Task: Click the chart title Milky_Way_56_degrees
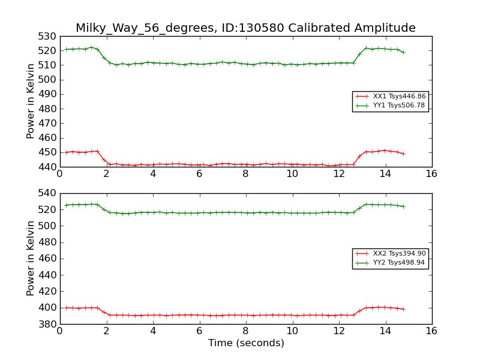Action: click(x=245, y=28)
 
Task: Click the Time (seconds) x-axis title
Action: click(x=246, y=343)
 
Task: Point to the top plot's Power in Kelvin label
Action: click(x=31, y=101)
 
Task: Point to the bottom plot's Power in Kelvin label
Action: click(x=31, y=259)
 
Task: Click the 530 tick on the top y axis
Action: click(x=47, y=36)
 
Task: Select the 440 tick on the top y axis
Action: click(x=47, y=167)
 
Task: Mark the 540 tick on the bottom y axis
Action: click(x=47, y=193)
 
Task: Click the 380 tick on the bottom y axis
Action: click(x=47, y=324)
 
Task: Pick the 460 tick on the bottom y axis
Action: click(x=47, y=259)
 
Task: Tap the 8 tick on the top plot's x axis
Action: click(x=245, y=174)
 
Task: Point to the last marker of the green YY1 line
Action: click(x=403, y=52)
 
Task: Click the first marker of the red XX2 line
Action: click(x=66, y=308)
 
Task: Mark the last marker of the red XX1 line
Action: click(x=403, y=154)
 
